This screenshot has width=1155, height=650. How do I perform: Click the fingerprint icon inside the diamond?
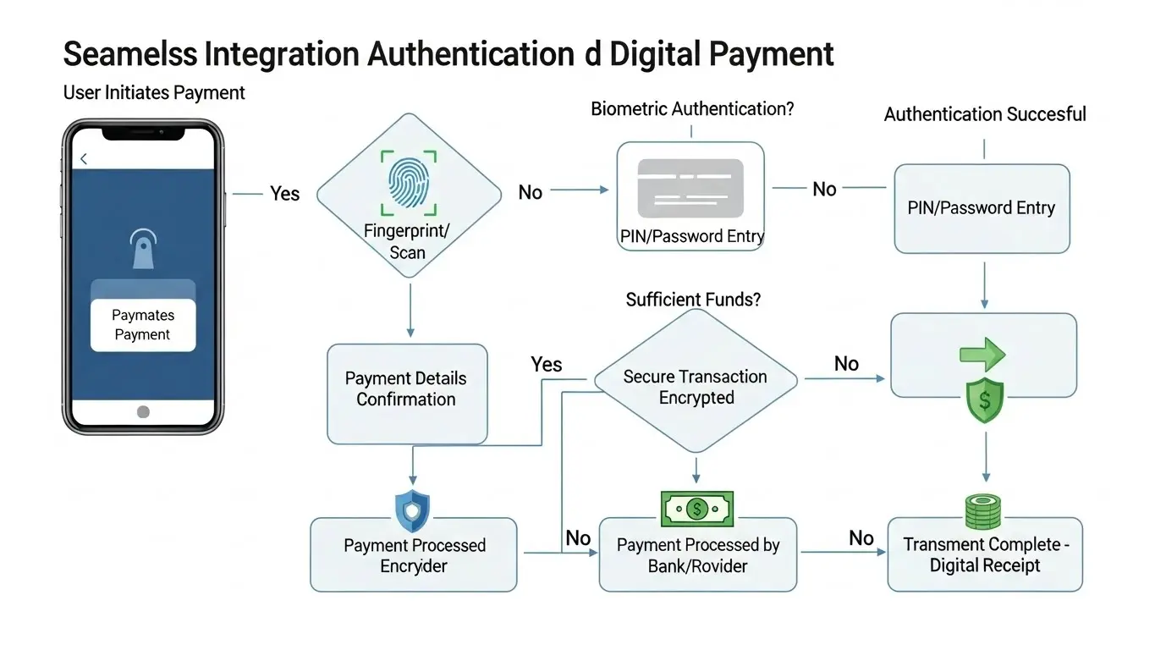click(x=409, y=181)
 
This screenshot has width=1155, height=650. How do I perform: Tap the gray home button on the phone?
click(x=143, y=411)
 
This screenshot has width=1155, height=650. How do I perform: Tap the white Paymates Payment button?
click(x=143, y=325)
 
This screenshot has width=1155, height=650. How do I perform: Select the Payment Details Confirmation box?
click(x=406, y=394)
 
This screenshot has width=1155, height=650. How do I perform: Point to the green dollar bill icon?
click(x=696, y=509)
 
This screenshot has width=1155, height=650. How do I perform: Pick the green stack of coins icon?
click(x=982, y=512)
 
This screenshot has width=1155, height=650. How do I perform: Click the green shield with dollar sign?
click(x=984, y=400)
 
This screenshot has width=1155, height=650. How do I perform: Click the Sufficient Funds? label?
click(x=693, y=300)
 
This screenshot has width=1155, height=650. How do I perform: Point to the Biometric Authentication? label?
click(x=692, y=109)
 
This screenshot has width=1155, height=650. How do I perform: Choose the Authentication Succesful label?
click(x=985, y=114)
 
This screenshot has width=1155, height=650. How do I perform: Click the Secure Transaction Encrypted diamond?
click(x=696, y=387)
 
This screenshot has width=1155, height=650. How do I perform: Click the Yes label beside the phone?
click(x=285, y=194)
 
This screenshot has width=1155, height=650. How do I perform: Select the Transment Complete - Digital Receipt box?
click(x=984, y=554)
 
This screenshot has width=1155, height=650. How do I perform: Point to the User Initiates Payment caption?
click(x=154, y=93)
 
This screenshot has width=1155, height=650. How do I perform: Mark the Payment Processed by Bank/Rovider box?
click(x=697, y=555)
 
